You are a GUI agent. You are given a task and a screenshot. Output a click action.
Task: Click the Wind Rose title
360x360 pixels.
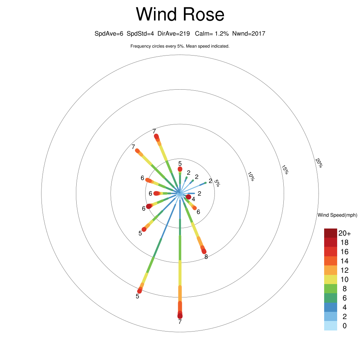pos(180,14)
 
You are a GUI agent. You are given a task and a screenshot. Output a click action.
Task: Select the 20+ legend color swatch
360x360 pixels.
pos(330,233)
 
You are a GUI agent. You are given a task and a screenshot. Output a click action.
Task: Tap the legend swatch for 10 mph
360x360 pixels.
pos(330,279)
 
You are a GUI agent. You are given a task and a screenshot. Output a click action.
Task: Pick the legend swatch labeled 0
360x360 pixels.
pos(330,326)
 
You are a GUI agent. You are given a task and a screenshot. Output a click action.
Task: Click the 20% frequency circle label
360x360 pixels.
pos(319,163)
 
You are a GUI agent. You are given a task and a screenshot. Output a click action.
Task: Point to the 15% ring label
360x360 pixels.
pos(285,170)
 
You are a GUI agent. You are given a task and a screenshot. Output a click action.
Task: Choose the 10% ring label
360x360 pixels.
pos(251,176)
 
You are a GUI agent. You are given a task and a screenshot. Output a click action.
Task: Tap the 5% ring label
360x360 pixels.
pos(217,183)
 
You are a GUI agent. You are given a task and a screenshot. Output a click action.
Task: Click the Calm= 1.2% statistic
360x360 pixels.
pos(212,33)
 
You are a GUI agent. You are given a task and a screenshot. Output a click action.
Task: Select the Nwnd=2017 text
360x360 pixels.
pos(249,33)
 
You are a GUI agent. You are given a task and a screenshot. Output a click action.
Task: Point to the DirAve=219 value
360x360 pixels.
pos(174,33)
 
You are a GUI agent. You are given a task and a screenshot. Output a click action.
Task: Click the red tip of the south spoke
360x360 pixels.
pos(180,316)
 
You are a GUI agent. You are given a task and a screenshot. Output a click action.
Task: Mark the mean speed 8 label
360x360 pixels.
pos(206,257)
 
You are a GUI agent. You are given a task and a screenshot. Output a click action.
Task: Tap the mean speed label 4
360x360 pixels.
pos(193,199)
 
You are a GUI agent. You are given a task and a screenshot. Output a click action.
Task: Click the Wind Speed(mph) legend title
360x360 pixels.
pos(337,215)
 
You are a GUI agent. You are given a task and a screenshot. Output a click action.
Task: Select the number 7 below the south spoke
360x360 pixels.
pos(180,322)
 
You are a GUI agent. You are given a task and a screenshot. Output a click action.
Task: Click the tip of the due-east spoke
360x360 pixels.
pos(194,193)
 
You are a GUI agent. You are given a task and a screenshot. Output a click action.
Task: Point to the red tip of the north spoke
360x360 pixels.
pos(180,169)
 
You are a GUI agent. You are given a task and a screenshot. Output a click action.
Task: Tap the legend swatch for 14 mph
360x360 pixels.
pos(330,261)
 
